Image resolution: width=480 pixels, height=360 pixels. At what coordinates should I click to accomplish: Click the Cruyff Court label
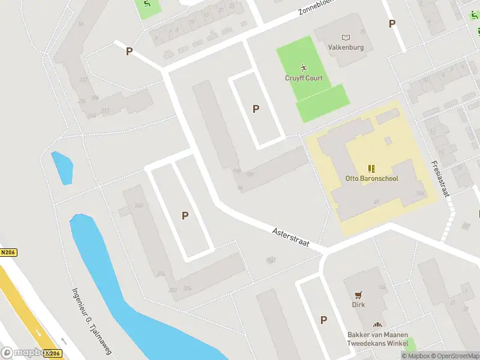coord(304,79)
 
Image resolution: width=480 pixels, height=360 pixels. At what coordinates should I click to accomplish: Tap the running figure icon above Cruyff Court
coord(304,67)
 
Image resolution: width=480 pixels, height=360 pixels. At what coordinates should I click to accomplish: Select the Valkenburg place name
coord(346,47)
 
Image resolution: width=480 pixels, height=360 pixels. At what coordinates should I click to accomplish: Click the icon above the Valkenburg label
coord(346,37)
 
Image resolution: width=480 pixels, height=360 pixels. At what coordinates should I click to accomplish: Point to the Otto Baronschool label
coord(372,178)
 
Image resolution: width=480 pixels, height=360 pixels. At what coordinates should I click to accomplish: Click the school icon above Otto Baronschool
coord(372,168)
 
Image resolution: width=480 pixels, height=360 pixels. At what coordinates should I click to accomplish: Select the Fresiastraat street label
coord(439,179)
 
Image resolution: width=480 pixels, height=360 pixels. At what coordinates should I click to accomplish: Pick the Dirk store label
coord(358,304)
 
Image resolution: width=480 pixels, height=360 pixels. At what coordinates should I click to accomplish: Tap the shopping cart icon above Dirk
coord(358,295)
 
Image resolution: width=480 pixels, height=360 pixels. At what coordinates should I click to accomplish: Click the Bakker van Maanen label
coord(377,335)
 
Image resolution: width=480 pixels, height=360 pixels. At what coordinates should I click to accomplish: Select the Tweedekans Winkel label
coord(377,343)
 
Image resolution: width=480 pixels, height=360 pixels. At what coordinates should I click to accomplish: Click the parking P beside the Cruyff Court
coord(256,109)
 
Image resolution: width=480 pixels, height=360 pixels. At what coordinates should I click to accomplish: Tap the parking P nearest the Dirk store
coord(324,320)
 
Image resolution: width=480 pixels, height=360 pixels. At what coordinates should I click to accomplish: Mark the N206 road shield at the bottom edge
coord(52,354)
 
